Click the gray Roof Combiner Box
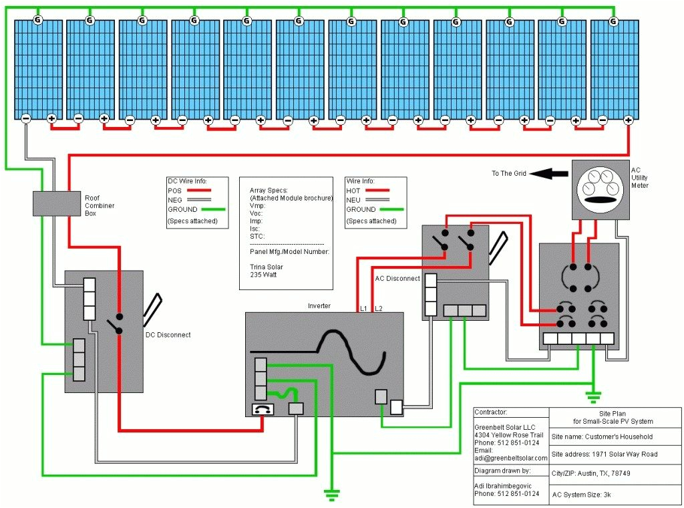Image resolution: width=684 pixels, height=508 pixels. [x=57, y=203]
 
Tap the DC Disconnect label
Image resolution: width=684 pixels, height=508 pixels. [x=168, y=335]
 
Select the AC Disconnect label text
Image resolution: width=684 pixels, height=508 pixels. [x=397, y=278]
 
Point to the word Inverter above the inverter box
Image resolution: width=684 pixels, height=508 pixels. [x=319, y=306]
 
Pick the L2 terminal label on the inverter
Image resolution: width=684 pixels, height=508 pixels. [x=379, y=308]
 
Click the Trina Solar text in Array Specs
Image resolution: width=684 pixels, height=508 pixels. [x=267, y=266]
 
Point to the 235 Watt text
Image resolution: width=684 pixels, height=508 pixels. [x=264, y=274]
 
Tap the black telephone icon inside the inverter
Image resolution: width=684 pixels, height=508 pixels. [x=261, y=410]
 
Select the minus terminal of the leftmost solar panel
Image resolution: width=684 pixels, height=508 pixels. [x=25, y=119]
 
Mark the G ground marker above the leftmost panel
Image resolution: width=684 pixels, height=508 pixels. [x=38, y=21]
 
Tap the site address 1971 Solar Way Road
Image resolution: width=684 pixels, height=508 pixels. [x=605, y=455]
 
